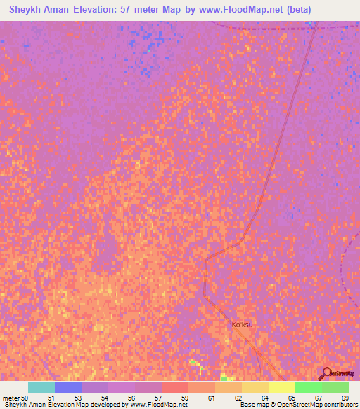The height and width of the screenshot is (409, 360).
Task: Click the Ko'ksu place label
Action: click(242, 325)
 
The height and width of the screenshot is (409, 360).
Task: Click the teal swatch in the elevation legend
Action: click(41, 387)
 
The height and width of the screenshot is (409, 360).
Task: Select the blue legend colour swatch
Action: click(68, 387)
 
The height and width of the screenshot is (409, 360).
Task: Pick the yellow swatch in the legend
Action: click(282, 387)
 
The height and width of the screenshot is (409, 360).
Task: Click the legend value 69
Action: click(345, 398)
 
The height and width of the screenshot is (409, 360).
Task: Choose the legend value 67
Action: click(319, 398)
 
